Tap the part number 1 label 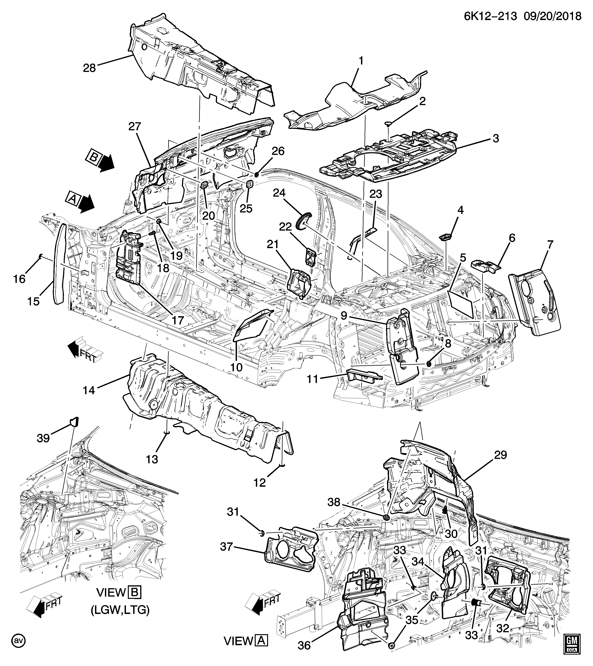[361, 61]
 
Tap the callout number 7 [550, 245]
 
